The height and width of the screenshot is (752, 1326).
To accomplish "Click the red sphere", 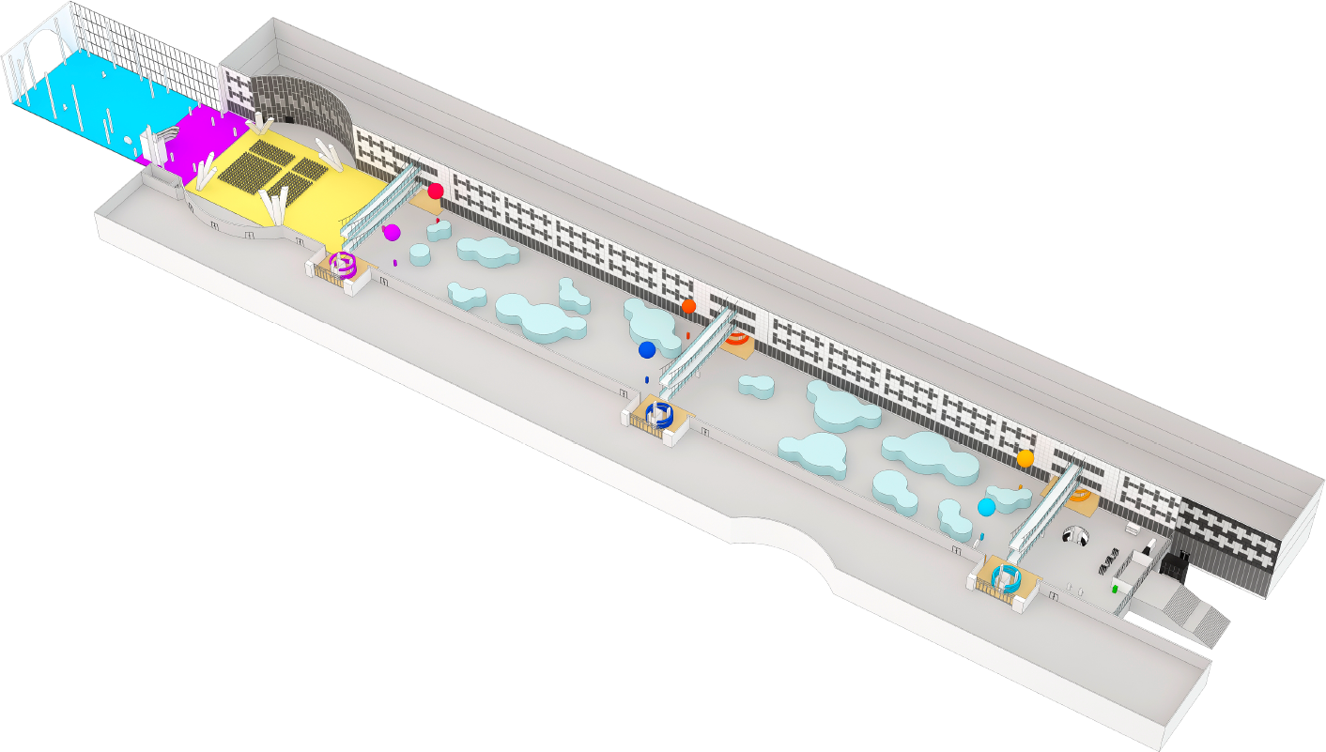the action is [x=435, y=191].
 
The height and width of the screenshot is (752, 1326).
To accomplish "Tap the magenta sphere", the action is [x=392, y=232].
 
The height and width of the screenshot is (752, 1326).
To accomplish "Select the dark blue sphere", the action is [x=646, y=350].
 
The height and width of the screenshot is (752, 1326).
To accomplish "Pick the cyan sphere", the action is [x=986, y=507].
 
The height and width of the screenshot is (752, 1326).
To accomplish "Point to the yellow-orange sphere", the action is [x=1025, y=458].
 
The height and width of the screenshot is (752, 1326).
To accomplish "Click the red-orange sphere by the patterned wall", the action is [x=688, y=306].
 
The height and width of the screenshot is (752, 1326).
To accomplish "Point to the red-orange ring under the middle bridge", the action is [x=738, y=339].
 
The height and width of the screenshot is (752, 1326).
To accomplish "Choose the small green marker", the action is [x=1115, y=589].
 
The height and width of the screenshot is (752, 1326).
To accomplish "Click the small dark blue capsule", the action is [x=647, y=379].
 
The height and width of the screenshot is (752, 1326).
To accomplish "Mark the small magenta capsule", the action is [x=395, y=262].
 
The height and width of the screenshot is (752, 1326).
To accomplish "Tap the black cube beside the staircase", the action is [x=1173, y=565].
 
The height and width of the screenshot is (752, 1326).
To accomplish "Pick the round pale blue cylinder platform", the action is [x=419, y=254].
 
